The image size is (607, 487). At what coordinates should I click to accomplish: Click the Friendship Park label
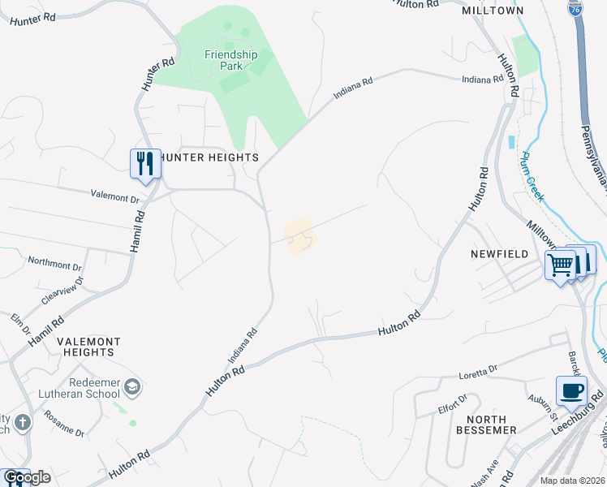pos(230,61)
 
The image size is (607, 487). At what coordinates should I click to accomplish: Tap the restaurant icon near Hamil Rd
pos(145,162)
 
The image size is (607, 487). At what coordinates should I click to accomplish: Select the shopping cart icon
pos(561,264)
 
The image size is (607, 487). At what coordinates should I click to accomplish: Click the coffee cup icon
pos(571,390)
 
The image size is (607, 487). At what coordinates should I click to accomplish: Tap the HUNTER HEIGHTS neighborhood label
pos(209,157)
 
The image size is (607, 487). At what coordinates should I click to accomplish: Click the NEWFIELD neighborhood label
pos(500,254)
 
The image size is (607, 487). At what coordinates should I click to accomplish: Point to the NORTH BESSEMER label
pos(486,424)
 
